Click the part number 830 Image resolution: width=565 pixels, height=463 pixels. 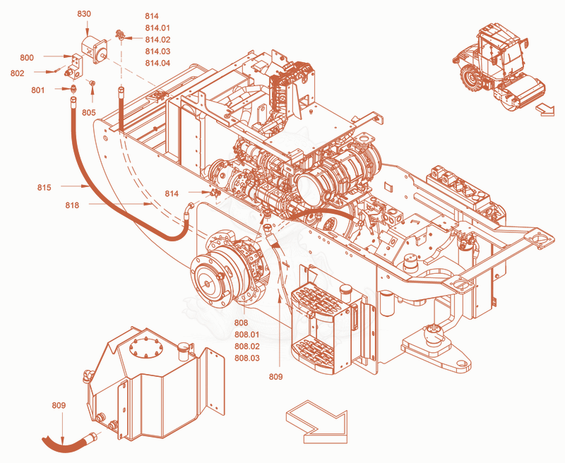coord(84,14)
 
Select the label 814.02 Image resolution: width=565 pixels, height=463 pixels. coord(157,40)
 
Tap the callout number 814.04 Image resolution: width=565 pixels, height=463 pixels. coord(157,63)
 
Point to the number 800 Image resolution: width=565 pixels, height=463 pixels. coord(27,58)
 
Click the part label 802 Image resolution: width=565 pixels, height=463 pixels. coord(17,73)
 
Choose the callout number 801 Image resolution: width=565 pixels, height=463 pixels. coord(38,90)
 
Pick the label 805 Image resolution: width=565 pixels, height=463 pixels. coord(89,112)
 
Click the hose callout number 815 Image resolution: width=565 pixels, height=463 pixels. coord(44,187)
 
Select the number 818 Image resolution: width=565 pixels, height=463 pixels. coord(72,205)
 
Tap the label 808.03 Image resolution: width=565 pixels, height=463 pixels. coord(246,359)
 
